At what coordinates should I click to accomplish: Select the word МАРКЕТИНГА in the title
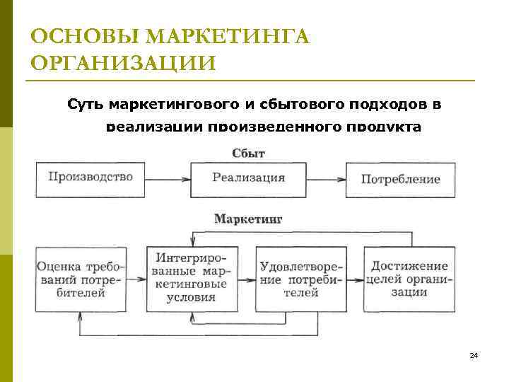(227, 36)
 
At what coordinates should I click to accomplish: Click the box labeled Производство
(91, 178)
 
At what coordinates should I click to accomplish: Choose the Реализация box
(248, 178)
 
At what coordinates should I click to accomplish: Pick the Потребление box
(400, 179)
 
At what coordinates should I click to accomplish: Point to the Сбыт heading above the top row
(248, 153)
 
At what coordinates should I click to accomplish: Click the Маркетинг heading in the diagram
(248, 219)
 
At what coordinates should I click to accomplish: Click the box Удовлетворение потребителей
(301, 279)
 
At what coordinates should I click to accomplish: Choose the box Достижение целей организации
(409, 279)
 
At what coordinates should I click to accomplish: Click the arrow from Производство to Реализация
(169, 178)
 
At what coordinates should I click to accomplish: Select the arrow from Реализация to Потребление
(326, 178)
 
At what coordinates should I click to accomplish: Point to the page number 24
(474, 355)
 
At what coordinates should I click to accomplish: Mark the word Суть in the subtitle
(86, 105)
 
